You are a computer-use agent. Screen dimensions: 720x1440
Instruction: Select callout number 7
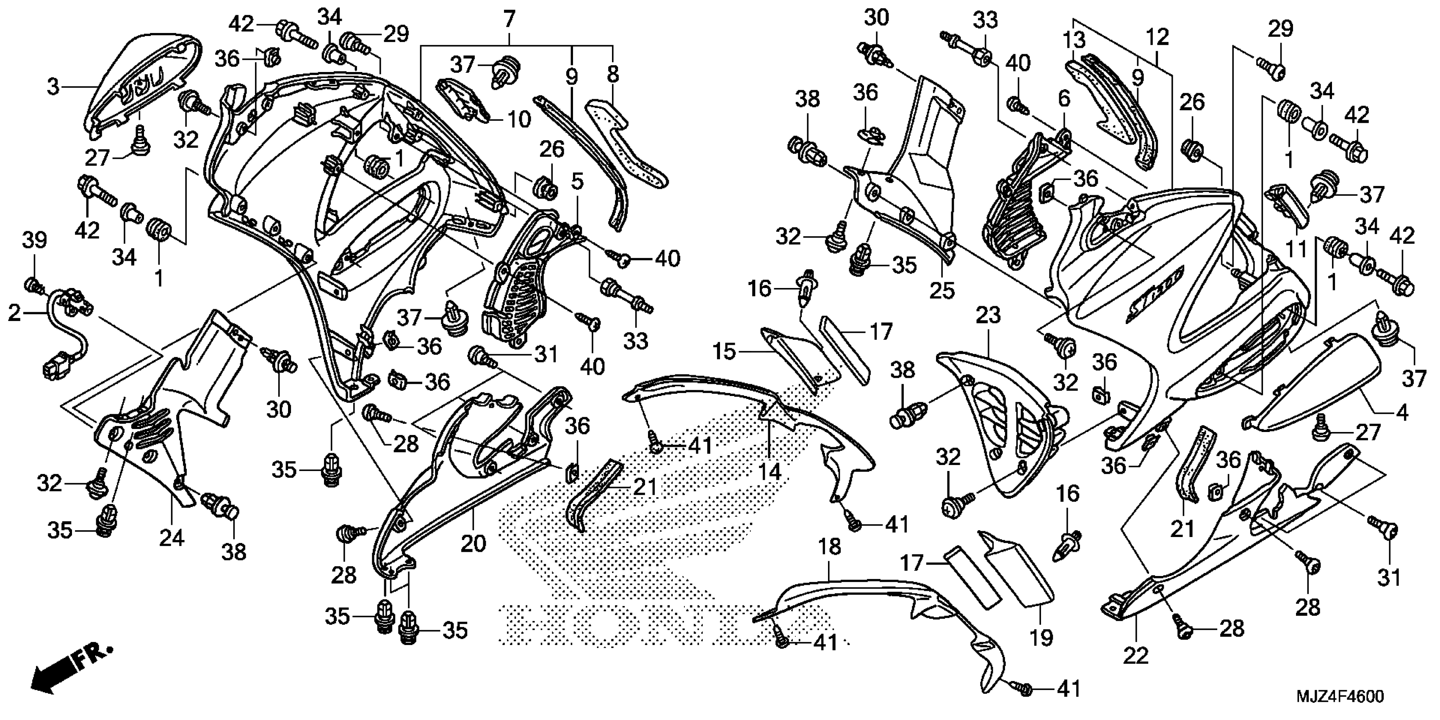tap(508, 19)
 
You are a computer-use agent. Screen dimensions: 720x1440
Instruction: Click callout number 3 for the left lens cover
tap(53, 87)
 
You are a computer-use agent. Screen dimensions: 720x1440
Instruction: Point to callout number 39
tap(35, 241)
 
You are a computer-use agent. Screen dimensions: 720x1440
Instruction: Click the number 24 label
tap(172, 538)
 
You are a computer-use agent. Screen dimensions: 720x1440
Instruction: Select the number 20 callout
tap(473, 543)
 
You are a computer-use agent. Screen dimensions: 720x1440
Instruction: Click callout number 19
tap(1041, 637)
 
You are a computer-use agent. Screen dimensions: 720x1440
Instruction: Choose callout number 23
tap(988, 315)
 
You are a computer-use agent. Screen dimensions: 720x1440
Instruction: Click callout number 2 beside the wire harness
tap(14, 313)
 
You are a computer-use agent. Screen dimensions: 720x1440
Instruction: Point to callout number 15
tap(725, 352)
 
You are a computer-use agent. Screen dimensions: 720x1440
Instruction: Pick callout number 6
tap(1064, 100)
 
